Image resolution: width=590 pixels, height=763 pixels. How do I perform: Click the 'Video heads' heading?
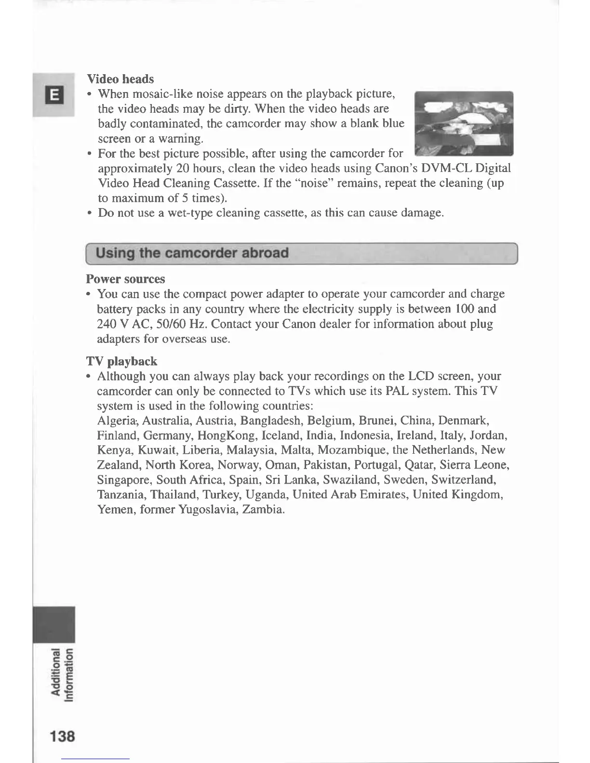pos(120,79)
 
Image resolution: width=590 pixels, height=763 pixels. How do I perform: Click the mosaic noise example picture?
pos(464,123)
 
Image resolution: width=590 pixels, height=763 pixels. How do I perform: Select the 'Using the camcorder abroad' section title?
pos(192,253)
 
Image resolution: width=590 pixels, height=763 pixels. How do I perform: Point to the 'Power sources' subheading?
pos(125,279)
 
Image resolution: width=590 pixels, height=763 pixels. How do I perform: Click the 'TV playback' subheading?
pos(122,361)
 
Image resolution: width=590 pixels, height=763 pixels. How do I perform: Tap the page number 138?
pos(62,736)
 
